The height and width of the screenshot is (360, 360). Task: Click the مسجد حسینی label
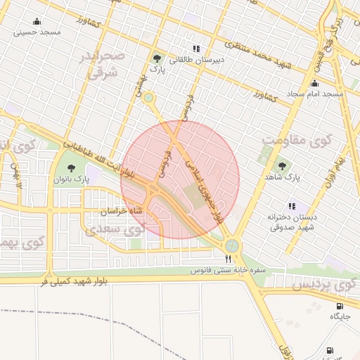(39, 32)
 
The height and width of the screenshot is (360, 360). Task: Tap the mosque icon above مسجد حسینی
(37, 21)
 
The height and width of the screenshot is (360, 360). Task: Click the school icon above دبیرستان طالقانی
(196, 49)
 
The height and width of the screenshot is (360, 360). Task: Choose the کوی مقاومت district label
(295, 139)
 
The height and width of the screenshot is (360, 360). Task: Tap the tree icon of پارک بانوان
(72, 167)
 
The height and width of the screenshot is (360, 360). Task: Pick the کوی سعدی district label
(115, 229)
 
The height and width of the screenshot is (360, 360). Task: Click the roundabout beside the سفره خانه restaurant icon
(231, 246)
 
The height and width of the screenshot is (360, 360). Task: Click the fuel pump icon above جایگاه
(340, 306)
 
